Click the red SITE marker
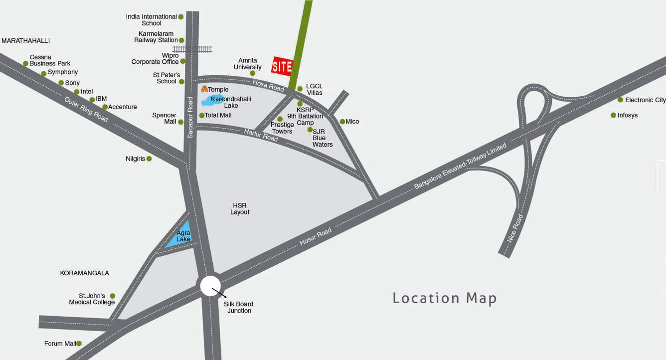(282, 66)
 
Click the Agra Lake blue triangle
(181, 236)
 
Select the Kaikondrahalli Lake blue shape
(212, 100)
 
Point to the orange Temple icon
(204, 89)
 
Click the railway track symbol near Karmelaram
(192, 49)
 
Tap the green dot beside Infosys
(613, 115)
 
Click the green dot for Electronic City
(620, 100)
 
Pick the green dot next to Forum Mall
(79, 344)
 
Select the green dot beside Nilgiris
(149, 159)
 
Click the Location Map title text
(445, 298)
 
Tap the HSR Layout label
(240, 209)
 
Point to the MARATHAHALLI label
(25, 40)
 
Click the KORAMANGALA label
(84, 273)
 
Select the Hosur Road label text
(315, 236)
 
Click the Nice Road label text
(515, 228)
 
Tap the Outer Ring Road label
(86, 109)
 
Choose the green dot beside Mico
(342, 122)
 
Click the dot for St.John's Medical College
(113, 296)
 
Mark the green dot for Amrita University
(252, 73)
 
